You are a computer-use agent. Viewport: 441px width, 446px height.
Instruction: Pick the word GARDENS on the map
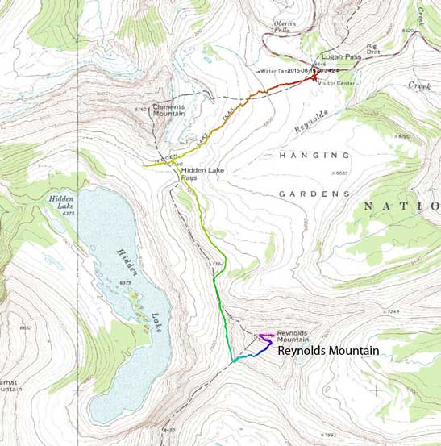coord(314,194)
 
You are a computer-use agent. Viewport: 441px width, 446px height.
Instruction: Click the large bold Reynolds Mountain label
coord(328,352)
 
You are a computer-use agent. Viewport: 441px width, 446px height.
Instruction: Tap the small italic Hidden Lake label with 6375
coord(61,206)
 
